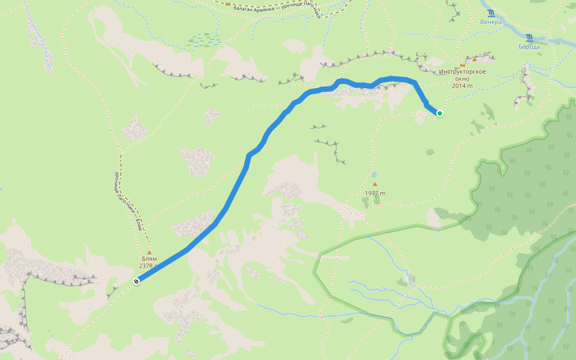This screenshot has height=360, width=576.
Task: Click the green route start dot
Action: click(x=440, y=113)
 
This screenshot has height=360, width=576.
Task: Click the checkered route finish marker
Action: click(x=137, y=281)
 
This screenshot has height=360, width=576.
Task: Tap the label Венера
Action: click(x=490, y=22)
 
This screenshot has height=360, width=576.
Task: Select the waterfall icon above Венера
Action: click(x=491, y=13)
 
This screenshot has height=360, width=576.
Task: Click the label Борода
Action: click(x=529, y=46)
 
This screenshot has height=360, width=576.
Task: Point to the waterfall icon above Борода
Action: click(x=529, y=37)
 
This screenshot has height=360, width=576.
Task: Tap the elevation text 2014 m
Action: click(x=462, y=85)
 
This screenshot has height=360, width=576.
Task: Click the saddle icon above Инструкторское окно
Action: click(x=462, y=64)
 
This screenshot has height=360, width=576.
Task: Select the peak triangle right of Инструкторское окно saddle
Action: click(x=475, y=59)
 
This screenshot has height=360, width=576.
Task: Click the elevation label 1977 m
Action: click(x=375, y=193)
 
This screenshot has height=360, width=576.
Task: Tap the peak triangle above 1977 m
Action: click(x=375, y=184)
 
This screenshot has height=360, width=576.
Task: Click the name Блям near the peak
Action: click(x=149, y=259)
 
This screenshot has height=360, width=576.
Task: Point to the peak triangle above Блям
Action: click(x=149, y=252)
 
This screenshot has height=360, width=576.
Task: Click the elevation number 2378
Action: click(x=148, y=266)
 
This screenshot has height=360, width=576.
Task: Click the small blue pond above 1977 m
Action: click(x=374, y=175)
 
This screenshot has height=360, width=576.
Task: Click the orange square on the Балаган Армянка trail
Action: click(x=228, y=4)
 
